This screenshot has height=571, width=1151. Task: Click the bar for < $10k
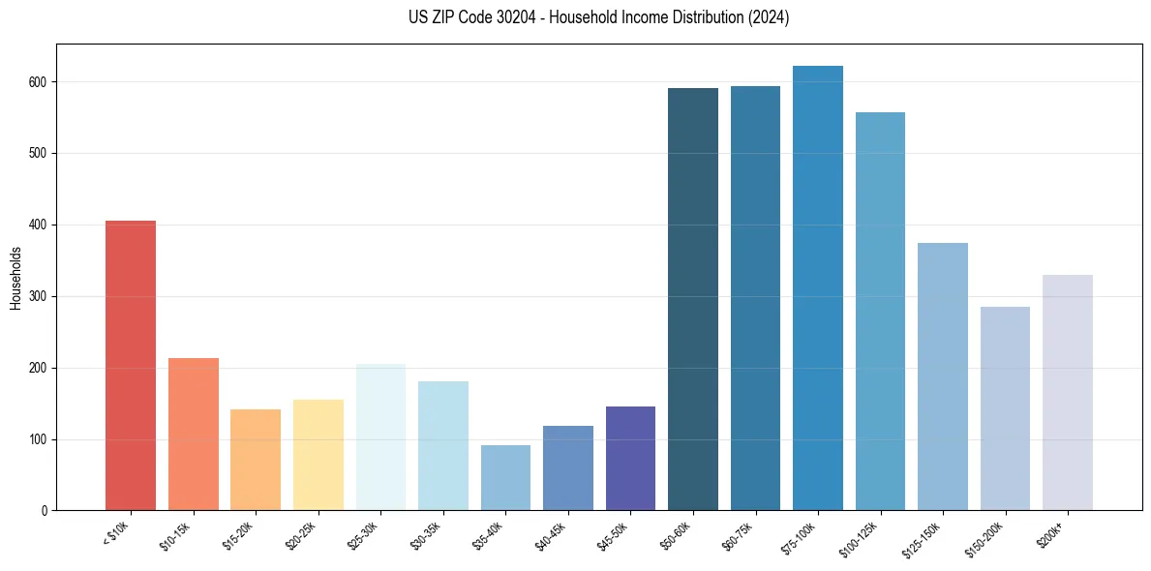131,366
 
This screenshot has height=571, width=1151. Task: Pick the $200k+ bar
1068,393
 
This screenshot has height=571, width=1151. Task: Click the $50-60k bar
693,299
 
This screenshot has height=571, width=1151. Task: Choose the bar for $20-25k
318,455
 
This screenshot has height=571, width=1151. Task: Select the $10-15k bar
194,435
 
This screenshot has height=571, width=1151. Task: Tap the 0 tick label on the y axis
45,511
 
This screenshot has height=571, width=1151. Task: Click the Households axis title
15,278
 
